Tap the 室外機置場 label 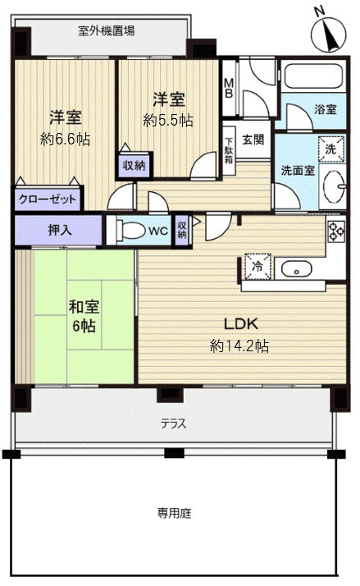tap(107, 31)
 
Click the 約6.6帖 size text tap(66, 139)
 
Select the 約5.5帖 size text tap(168, 120)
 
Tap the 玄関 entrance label tap(253, 140)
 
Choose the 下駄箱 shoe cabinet tap(230, 151)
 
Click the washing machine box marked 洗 tap(330, 150)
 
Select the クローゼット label tap(48, 199)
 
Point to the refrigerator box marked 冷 tap(257, 266)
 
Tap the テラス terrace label tap(173, 424)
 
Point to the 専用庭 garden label tap(174, 514)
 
